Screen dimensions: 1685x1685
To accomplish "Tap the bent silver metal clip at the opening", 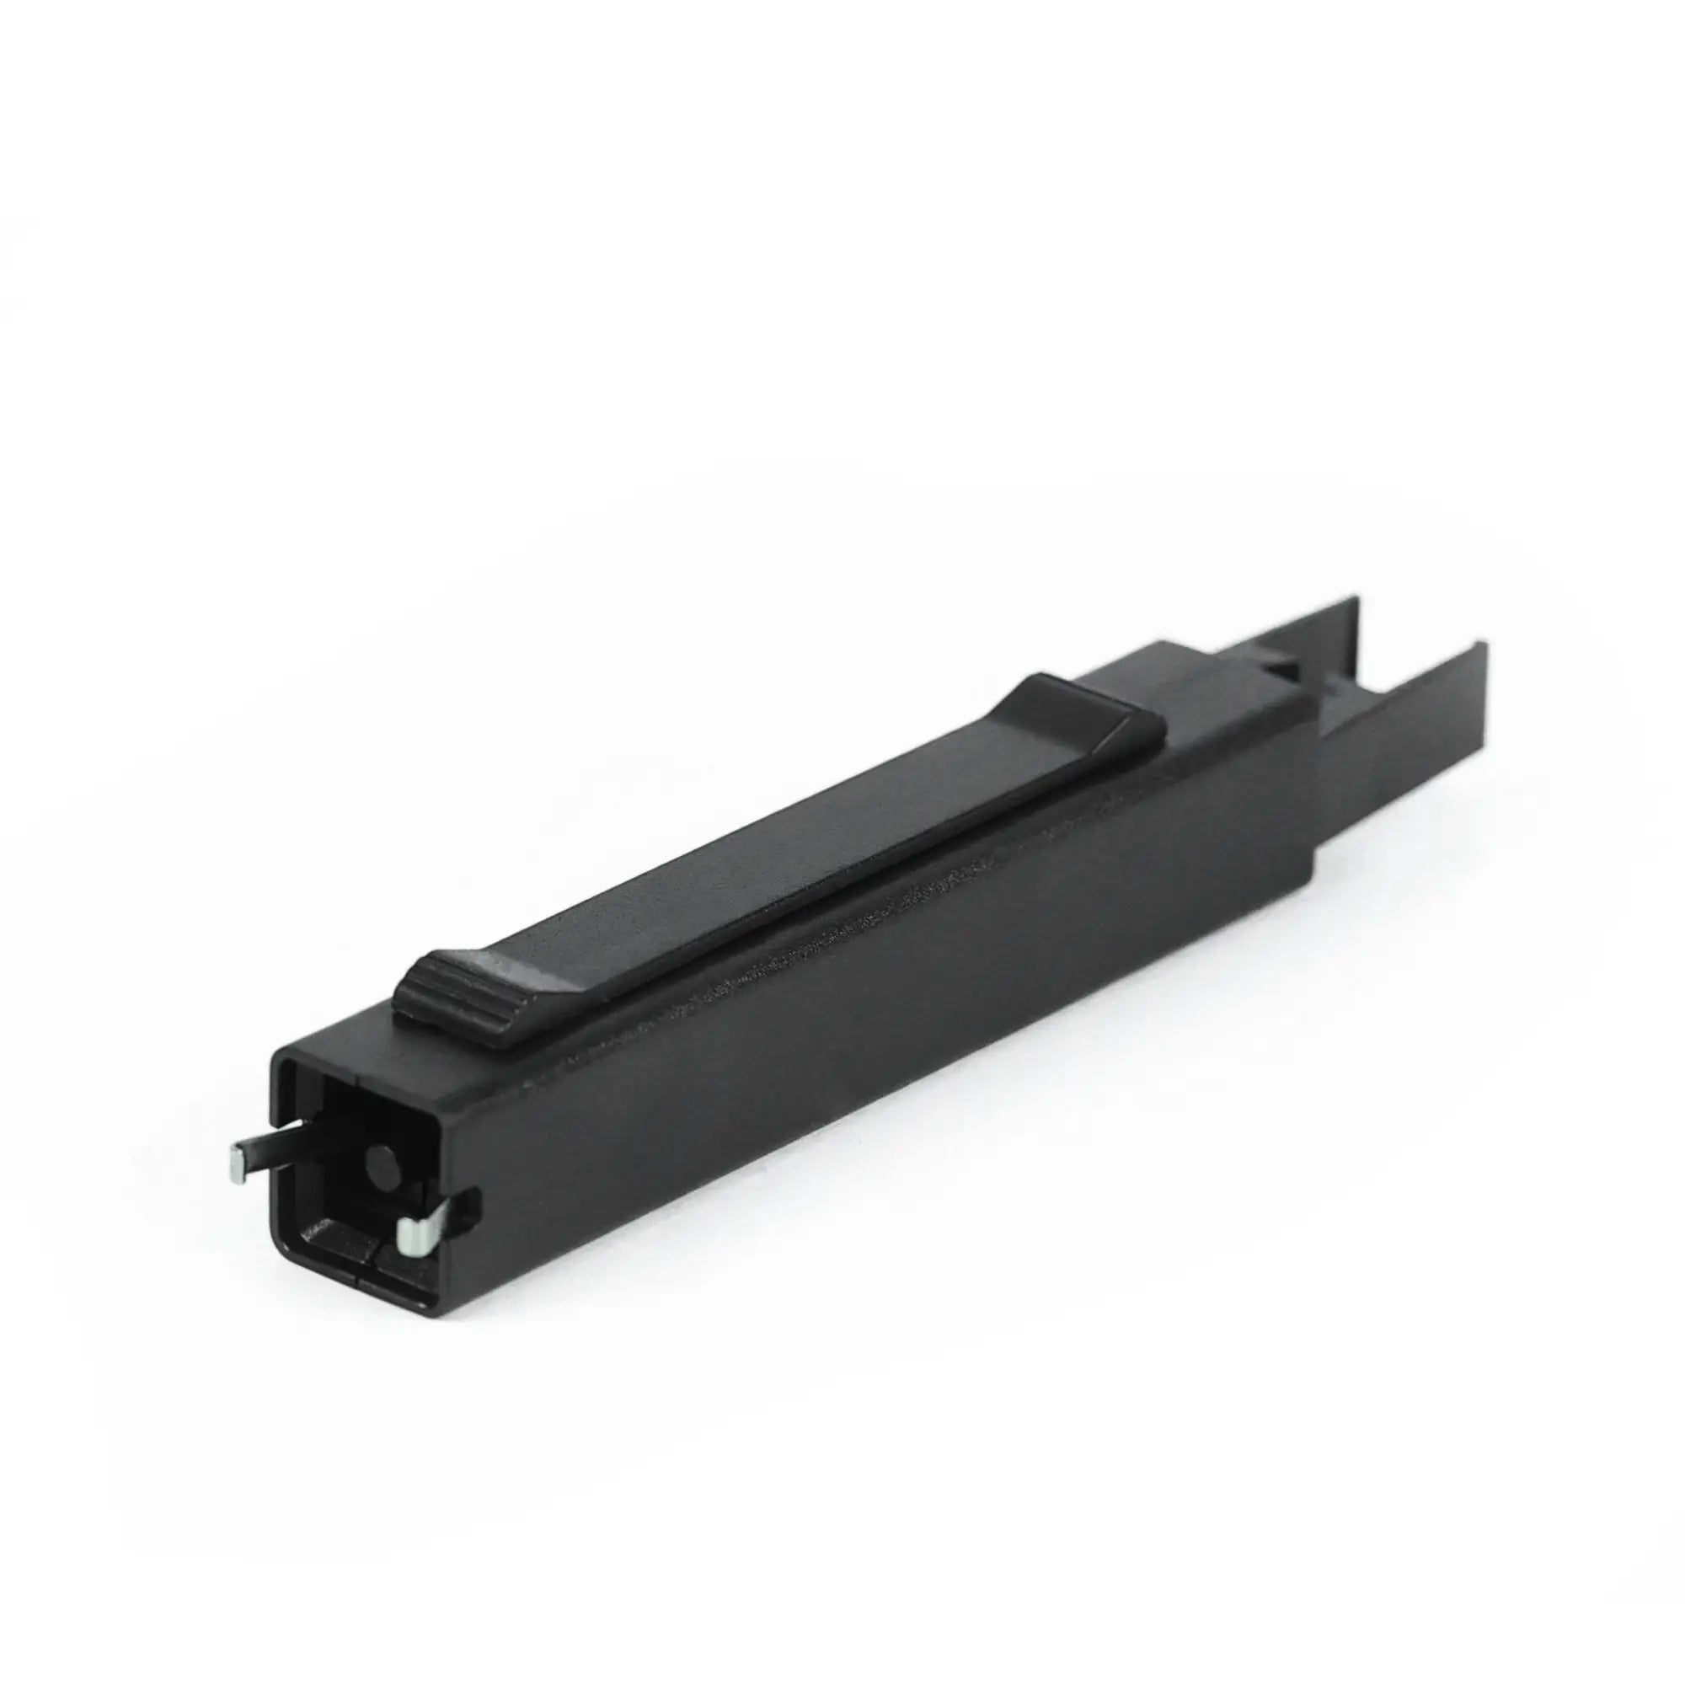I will coord(417,1231).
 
